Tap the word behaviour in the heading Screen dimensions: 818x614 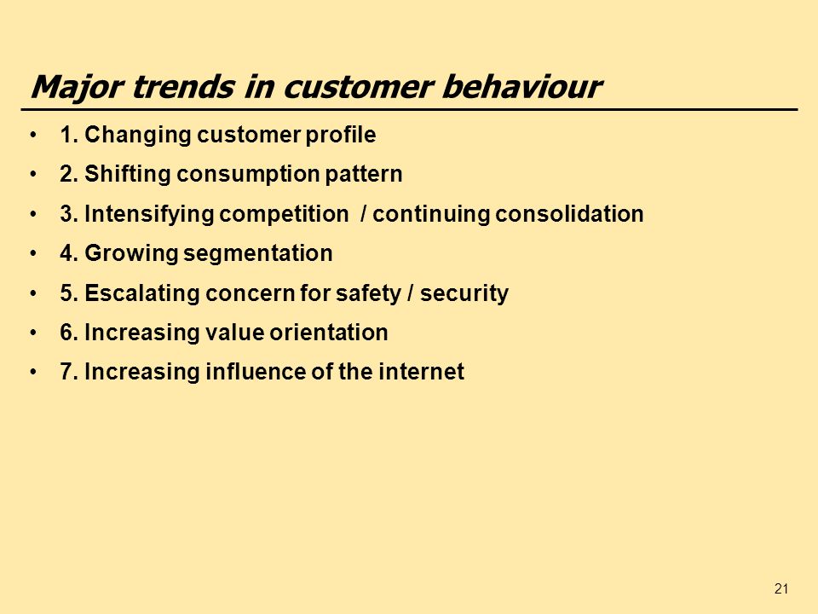point(521,86)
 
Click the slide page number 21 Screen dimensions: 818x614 point(781,589)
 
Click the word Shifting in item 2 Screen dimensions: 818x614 point(127,174)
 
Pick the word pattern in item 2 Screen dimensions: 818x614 point(364,174)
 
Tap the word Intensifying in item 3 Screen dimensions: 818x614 point(149,214)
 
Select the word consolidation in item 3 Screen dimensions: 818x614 point(569,214)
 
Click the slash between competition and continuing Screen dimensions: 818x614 point(364,214)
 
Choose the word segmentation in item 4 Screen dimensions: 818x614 point(257,254)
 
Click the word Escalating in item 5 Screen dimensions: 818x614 point(142,293)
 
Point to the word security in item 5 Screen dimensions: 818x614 point(464,293)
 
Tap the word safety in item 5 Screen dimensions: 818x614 point(368,293)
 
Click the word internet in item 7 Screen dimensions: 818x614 point(421,372)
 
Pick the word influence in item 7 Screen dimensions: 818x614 point(255,372)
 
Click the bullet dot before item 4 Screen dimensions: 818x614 point(34,254)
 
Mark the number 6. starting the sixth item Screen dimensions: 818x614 point(69,333)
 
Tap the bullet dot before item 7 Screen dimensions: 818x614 point(34,373)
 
